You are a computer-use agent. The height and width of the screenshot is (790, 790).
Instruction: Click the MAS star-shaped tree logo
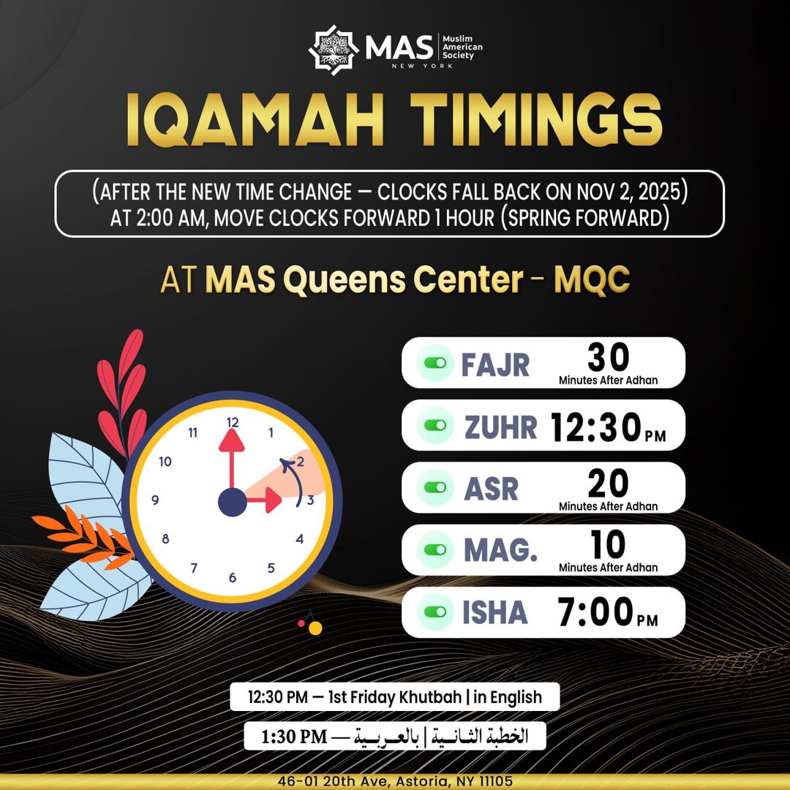pyautogui.click(x=333, y=50)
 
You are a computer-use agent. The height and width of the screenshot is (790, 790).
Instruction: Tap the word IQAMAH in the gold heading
pyautogui.click(x=255, y=120)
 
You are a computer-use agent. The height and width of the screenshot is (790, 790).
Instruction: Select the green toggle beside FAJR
pyautogui.click(x=435, y=363)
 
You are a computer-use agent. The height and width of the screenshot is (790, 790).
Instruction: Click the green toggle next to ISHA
pyautogui.click(x=435, y=612)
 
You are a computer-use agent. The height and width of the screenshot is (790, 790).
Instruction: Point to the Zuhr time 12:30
pyautogui.click(x=595, y=427)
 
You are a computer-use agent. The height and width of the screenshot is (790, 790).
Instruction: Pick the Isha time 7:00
pyautogui.click(x=595, y=612)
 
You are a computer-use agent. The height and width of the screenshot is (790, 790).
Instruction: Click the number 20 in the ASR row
pyautogui.click(x=608, y=484)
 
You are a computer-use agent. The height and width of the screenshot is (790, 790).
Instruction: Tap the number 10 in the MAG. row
pyautogui.click(x=608, y=544)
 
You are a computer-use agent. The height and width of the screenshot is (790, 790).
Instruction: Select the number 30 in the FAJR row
pyautogui.click(x=608, y=357)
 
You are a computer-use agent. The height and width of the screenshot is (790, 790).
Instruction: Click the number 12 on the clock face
pyautogui.click(x=233, y=422)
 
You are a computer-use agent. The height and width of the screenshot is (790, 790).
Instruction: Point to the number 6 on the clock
pyautogui.click(x=233, y=577)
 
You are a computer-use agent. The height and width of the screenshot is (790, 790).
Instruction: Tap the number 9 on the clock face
pyautogui.click(x=155, y=500)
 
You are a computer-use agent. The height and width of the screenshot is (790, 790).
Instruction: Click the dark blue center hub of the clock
pyautogui.click(x=233, y=503)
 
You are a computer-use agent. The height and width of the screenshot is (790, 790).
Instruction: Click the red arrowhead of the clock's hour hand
pyautogui.click(x=273, y=500)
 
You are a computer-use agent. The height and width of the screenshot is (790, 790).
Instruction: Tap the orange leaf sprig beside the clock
pyautogui.click(x=85, y=537)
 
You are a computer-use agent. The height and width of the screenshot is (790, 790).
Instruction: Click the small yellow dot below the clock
pyautogui.click(x=315, y=628)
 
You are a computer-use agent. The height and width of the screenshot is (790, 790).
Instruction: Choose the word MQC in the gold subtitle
pyautogui.click(x=592, y=279)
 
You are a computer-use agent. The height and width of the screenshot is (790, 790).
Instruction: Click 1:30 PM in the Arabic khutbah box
pyautogui.click(x=294, y=737)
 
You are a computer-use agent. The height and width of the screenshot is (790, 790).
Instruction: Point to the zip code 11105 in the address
pyautogui.click(x=496, y=781)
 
